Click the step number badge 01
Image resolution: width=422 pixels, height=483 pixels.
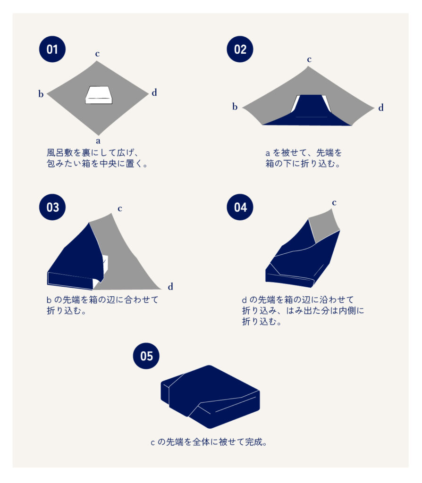52,49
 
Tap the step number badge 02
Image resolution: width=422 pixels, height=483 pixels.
240,49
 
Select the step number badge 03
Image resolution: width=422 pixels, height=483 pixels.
52,207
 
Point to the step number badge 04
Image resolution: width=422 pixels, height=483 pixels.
240,207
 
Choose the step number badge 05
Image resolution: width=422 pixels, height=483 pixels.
146,356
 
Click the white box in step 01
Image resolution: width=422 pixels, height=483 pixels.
99,95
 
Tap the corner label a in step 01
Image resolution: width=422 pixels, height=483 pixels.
98,141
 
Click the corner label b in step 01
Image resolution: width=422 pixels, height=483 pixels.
41,94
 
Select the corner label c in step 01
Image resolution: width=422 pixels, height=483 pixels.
97,54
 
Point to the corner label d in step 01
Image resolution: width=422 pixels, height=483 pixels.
154,92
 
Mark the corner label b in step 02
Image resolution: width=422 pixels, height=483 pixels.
235,107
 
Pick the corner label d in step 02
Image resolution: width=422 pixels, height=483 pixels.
381,108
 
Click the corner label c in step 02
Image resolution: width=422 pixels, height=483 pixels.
309,59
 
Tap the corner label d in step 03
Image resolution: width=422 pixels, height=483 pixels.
170,286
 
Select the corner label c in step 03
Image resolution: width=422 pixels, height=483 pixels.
120,208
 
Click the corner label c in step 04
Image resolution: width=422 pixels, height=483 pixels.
334,203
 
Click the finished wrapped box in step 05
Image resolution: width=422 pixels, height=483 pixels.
210,397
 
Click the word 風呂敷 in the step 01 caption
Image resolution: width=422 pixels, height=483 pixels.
60,152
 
